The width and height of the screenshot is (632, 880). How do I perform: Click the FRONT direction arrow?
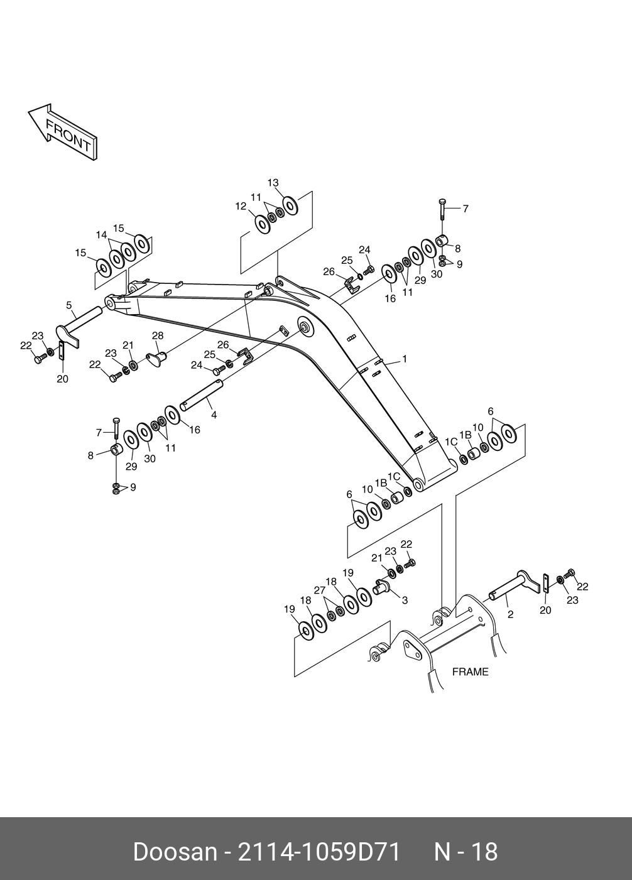(x=63, y=132)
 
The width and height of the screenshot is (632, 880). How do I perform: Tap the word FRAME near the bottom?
(x=470, y=672)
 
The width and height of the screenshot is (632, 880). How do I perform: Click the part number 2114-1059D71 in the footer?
(x=319, y=852)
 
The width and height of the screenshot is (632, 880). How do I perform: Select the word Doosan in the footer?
(x=175, y=852)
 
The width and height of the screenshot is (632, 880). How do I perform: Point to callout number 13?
(x=273, y=183)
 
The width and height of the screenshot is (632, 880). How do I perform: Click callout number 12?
(x=241, y=206)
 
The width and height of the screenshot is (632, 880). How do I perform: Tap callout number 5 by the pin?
(x=69, y=305)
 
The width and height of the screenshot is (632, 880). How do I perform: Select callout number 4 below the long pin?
(x=214, y=415)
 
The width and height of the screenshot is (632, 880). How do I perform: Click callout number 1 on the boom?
(x=405, y=359)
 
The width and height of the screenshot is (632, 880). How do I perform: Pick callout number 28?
(x=158, y=335)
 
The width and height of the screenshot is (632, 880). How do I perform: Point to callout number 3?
(x=405, y=600)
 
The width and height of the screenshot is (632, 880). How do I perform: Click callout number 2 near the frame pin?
(x=510, y=614)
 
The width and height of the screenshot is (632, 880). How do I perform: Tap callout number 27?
(x=320, y=590)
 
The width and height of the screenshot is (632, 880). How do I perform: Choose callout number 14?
(x=101, y=234)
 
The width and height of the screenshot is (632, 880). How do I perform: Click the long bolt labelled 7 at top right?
(x=442, y=209)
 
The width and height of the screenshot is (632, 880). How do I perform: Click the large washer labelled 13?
(x=290, y=205)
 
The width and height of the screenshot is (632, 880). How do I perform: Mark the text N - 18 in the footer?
(x=466, y=852)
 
